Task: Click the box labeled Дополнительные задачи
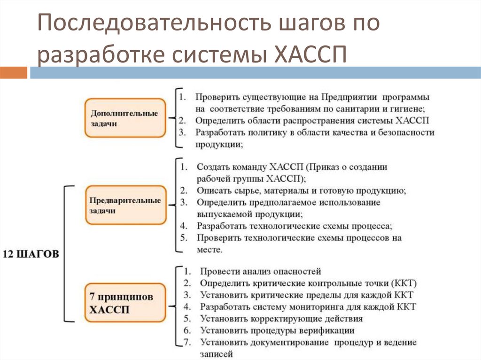(x=125, y=118)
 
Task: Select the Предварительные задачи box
(x=125, y=206)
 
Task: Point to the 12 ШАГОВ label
(x=31, y=254)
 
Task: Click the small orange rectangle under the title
(x=14, y=73)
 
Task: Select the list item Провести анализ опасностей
(x=260, y=271)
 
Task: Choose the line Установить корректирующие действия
(x=281, y=319)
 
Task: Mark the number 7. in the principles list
(x=187, y=342)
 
